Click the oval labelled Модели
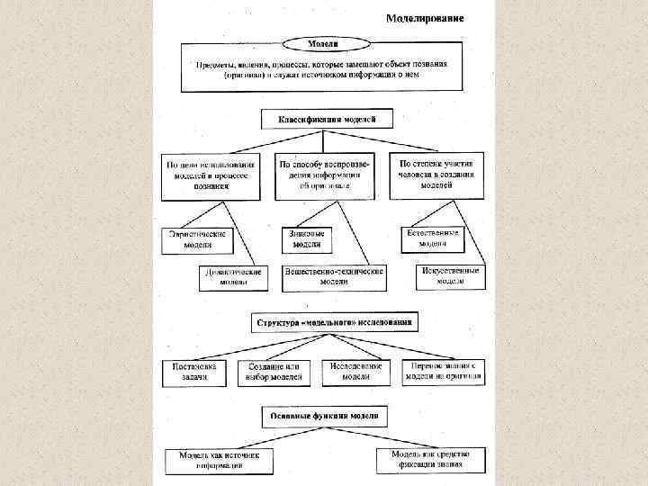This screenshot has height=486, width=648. click(323, 43)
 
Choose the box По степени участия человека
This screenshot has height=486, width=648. click(436, 175)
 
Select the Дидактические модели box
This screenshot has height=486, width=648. click(234, 276)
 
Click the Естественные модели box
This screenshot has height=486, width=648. click(433, 238)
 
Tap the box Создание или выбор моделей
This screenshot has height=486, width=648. click(274, 373)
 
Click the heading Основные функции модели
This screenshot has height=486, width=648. click(324, 417)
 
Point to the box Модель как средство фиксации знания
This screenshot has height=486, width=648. click(430, 460)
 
